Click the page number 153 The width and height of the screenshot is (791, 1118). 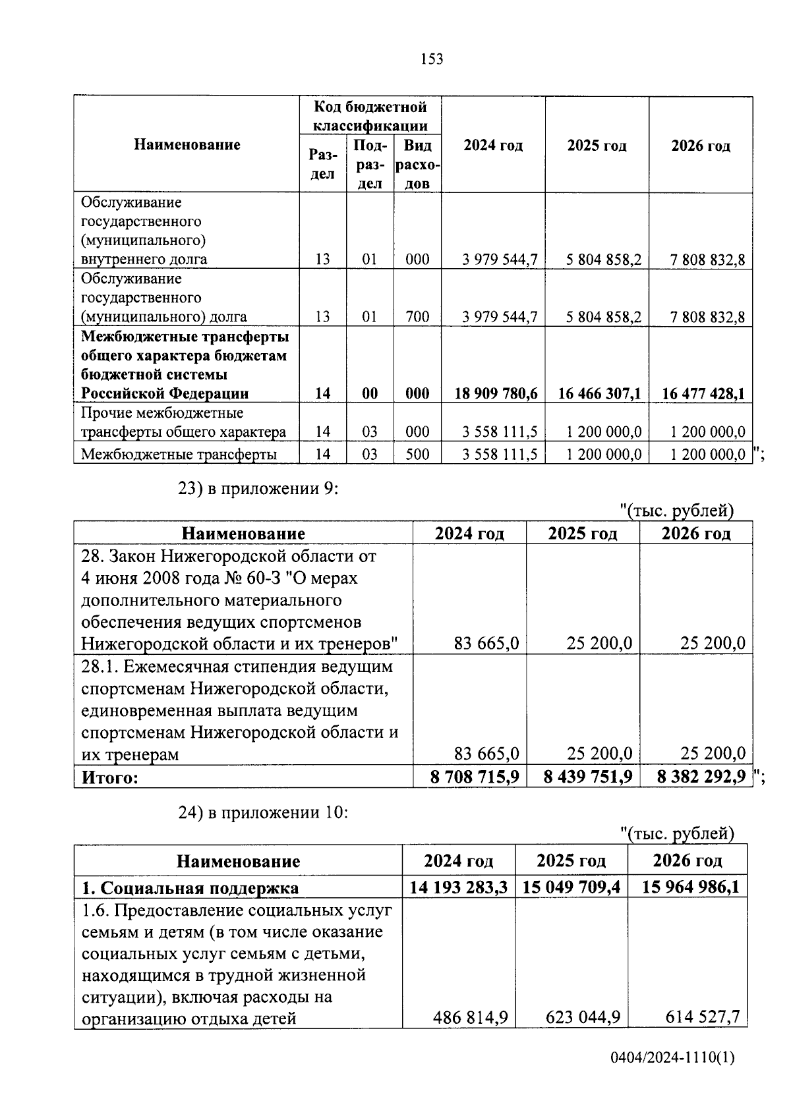[432, 59]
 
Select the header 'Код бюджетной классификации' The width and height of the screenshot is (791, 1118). [370, 116]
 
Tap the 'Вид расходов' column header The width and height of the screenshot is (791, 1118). [417, 164]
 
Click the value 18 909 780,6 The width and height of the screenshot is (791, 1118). [496, 394]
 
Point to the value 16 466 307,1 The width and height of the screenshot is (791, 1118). [599, 394]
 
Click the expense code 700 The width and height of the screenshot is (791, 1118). [417, 317]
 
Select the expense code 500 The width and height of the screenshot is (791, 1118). [417, 454]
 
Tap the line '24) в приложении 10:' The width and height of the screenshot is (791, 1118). [263, 813]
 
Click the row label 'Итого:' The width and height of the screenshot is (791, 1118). [110, 778]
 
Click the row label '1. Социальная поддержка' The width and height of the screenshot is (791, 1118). [190, 888]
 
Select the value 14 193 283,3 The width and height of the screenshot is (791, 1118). [458, 887]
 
